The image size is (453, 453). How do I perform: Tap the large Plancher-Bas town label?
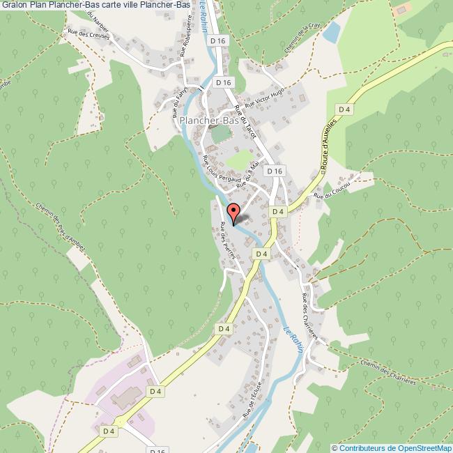(208, 121)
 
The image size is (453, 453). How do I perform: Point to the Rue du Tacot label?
(246, 118)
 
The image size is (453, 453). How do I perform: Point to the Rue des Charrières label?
(311, 317)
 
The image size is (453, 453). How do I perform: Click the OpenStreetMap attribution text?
(392, 447)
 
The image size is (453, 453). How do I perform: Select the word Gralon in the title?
(14, 6)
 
